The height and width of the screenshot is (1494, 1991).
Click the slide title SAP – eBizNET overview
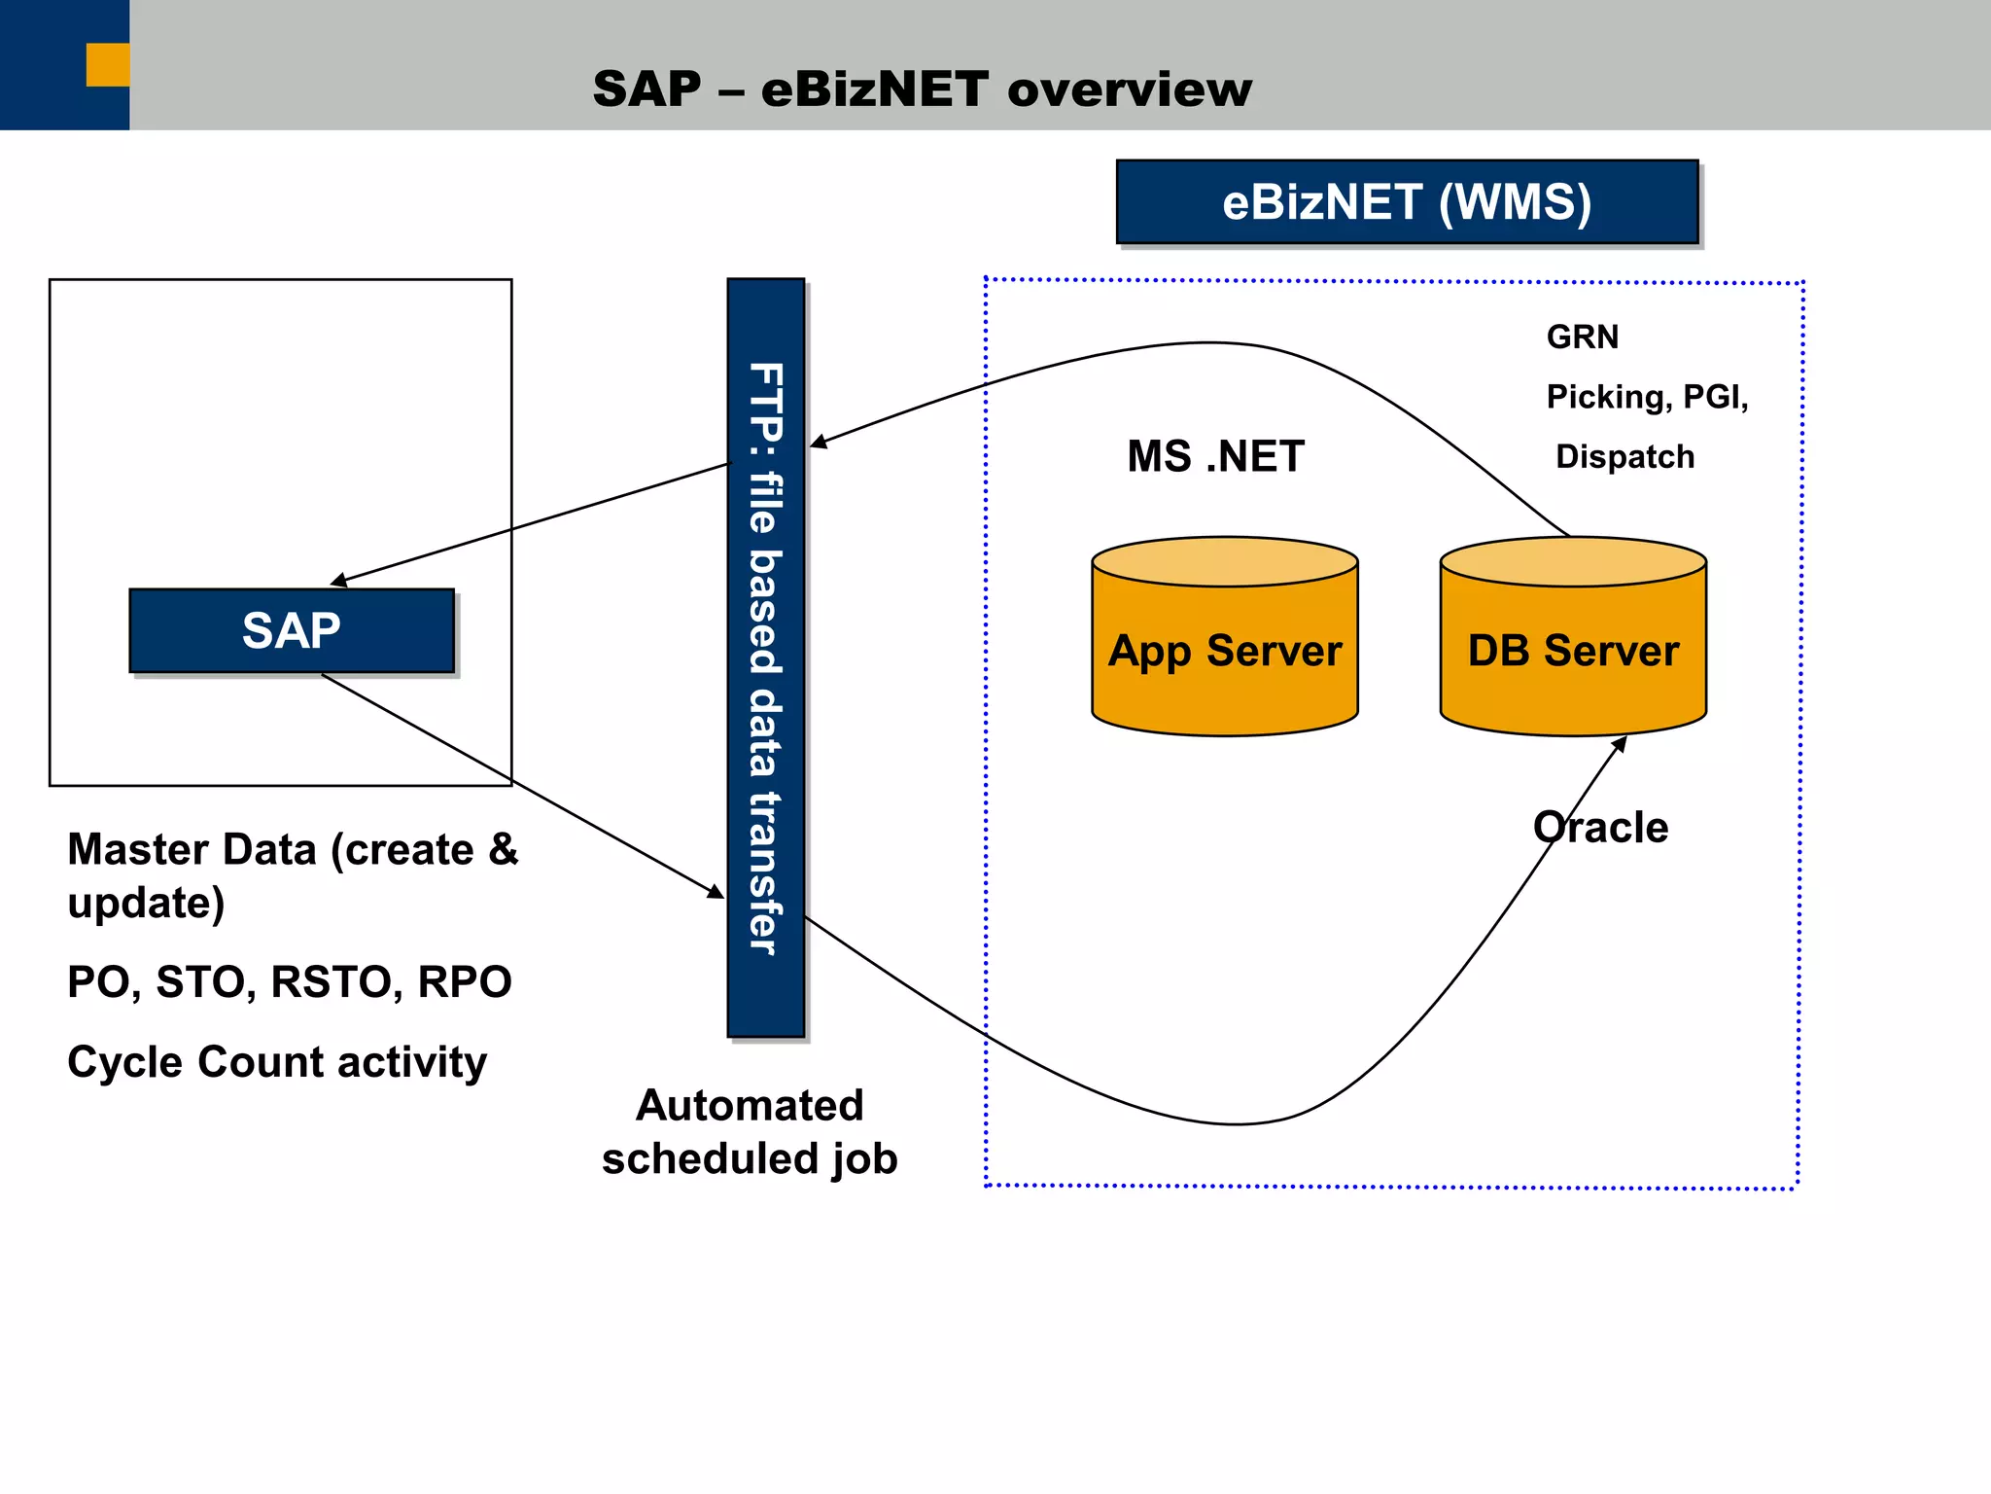tap(922, 89)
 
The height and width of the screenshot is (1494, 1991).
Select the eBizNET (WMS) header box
tap(1407, 202)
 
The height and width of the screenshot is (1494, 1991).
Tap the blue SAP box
tap(292, 630)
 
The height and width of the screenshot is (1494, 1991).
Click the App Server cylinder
tap(1225, 650)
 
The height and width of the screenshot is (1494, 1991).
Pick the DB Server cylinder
tap(1573, 650)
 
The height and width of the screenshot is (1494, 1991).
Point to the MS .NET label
tap(1215, 456)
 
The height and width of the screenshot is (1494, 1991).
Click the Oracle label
tap(1601, 828)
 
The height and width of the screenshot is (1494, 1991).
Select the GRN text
tap(1583, 337)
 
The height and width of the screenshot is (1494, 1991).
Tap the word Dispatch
tap(1624, 456)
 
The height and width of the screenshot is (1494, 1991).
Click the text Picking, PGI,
tap(1647, 397)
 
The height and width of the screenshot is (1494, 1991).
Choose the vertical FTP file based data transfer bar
tap(766, 658)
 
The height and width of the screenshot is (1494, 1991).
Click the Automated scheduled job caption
tap(750, 1132)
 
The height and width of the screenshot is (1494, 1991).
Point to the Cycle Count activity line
tap(277, 1061)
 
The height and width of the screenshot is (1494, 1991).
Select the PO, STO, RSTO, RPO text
tap(290, 981)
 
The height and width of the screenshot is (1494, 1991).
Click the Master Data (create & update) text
tap(292, 875)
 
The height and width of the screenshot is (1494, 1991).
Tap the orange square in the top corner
tap(108, 65)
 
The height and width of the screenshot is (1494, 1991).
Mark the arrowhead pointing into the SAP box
tap(339, 582)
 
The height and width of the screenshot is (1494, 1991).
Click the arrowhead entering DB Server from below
tap(1620, 745)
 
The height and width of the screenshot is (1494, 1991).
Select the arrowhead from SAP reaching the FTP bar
tap(716, 892)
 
